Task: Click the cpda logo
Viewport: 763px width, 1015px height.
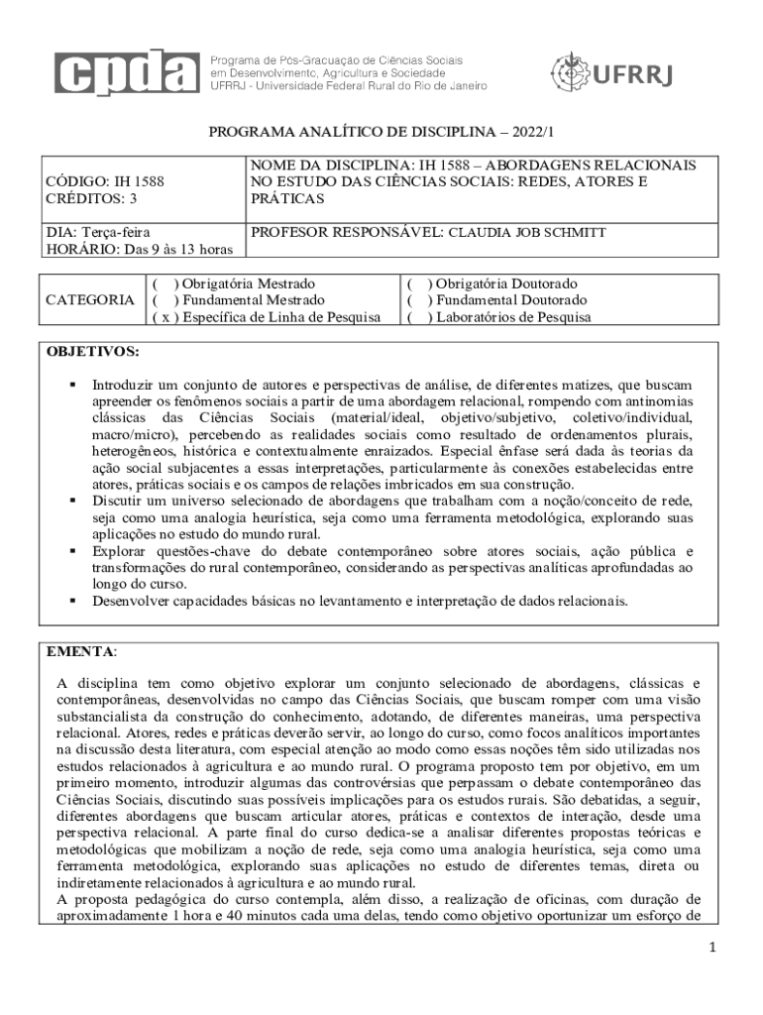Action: pos(128,70)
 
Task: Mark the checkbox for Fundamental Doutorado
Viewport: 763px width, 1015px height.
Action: pos(418,300)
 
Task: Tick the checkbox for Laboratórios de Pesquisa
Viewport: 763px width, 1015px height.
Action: pos(418,317)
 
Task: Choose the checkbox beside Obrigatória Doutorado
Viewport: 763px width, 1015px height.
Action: pos(418,283)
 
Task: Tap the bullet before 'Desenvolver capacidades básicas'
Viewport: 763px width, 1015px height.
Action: pos(72,601)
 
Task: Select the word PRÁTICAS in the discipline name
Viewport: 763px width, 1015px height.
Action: pos(287,199)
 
